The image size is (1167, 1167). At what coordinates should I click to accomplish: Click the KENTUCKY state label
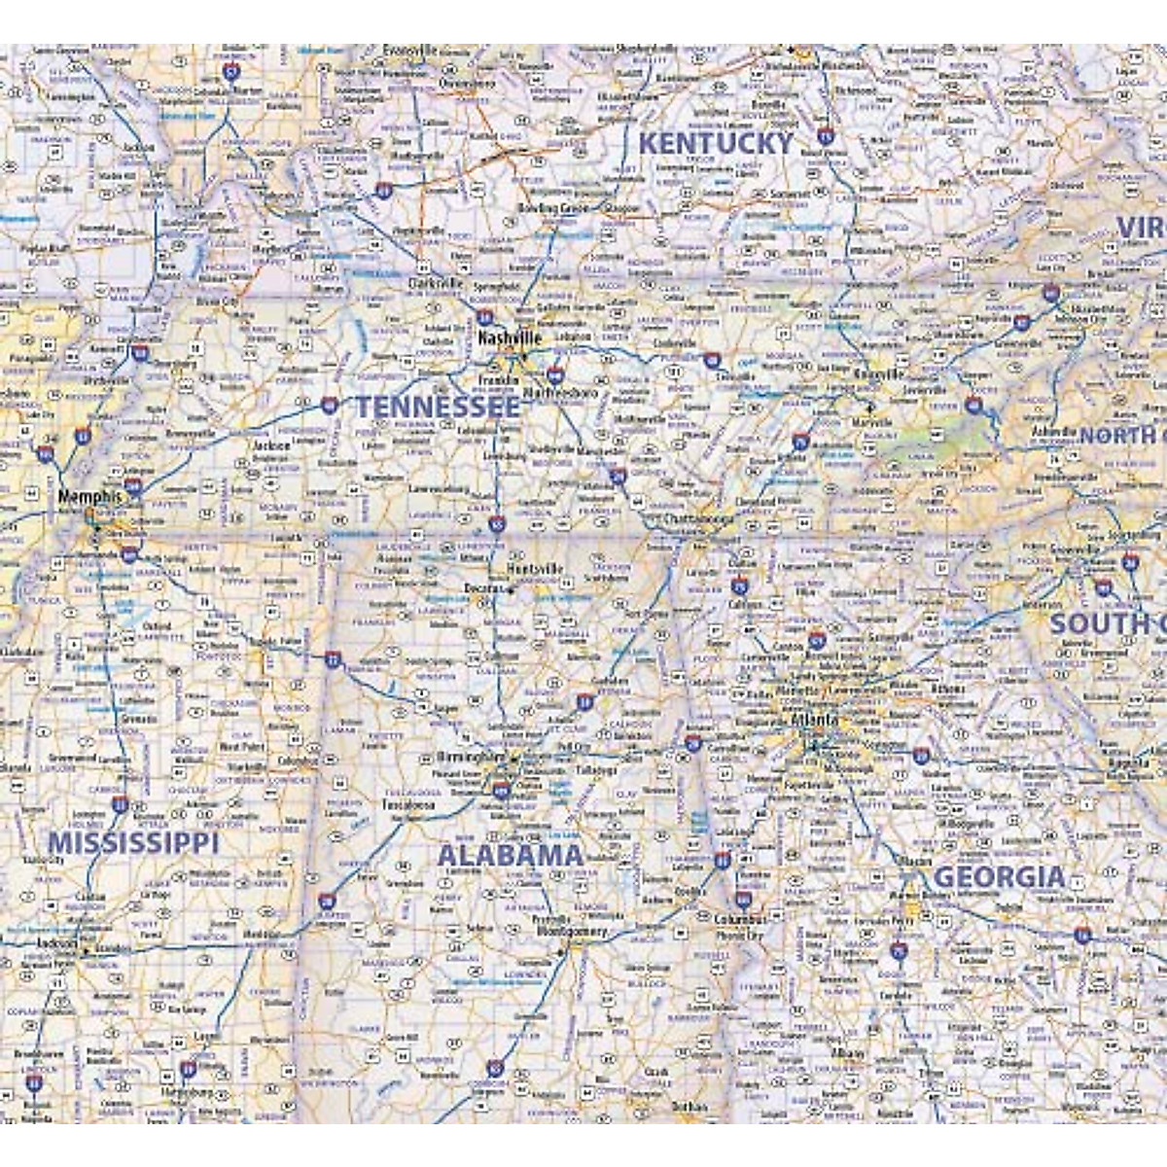click(x=716, y=143)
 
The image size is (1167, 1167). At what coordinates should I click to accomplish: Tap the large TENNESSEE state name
click(x=437, y=407)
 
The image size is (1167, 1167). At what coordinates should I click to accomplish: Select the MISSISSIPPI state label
click(x=134, y=843)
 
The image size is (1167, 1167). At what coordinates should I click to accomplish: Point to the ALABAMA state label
click(x=511, y=856)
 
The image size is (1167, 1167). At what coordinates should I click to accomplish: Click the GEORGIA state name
click(x=1000, y=877)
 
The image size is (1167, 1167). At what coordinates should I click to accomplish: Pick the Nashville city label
click(x=509, y=337)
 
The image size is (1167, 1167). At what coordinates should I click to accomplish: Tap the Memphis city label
click(x=90, y=496)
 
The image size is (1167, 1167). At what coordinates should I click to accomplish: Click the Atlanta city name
click(x=814, y=720)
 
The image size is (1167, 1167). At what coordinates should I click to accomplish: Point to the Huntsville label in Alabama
click(x=536, y=568)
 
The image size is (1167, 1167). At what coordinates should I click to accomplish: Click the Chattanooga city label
click(x=697, y=519)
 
